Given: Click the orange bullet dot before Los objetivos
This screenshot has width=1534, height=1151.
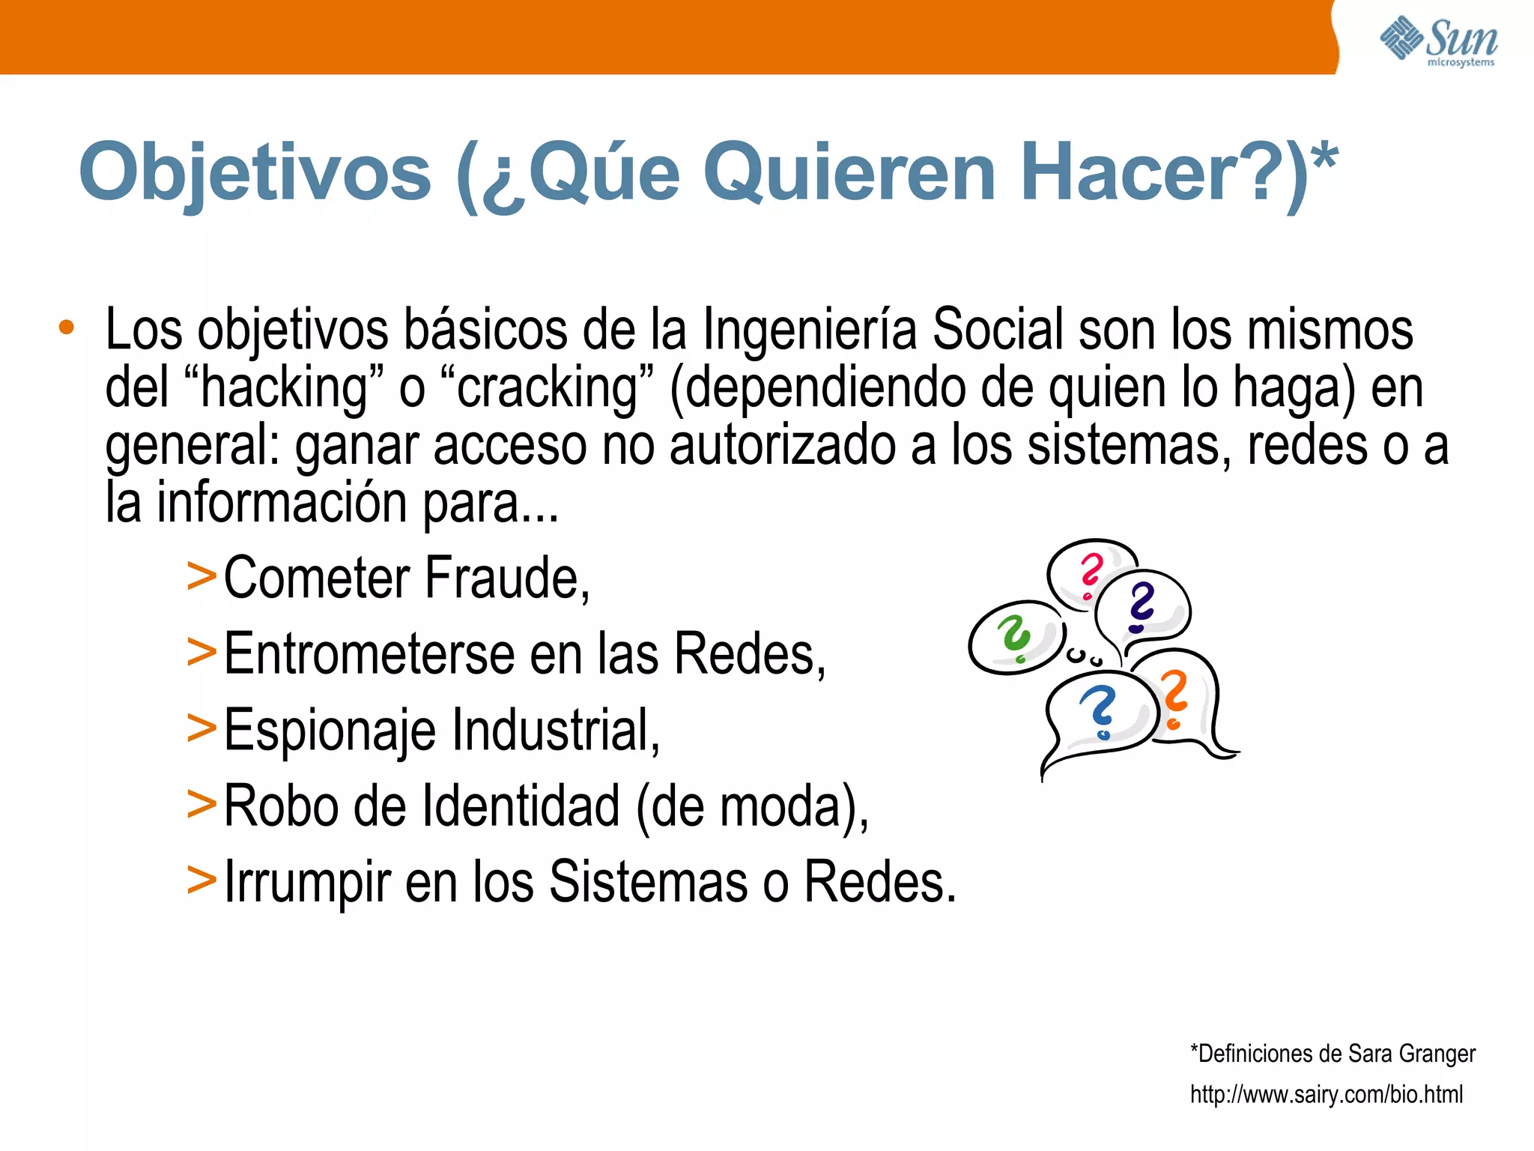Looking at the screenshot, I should click(67, 327).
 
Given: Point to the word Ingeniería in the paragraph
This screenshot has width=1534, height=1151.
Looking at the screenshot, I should click(809, 330).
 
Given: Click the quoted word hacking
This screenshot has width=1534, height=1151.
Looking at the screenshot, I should click(285, 388).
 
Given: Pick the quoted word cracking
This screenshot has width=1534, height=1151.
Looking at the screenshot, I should click(547, 388).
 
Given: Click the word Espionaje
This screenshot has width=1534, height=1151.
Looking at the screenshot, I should click(330, 731).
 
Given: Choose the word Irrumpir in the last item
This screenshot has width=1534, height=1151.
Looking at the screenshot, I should click(307, 883).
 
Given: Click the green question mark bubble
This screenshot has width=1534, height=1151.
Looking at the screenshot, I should click(1016, 637).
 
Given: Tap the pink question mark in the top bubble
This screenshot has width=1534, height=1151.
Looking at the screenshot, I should click(1091, 574).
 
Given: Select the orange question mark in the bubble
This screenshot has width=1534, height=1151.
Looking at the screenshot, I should click(1174, 697).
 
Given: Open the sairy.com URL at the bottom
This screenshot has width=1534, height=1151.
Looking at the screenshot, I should click(1326, 1095).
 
